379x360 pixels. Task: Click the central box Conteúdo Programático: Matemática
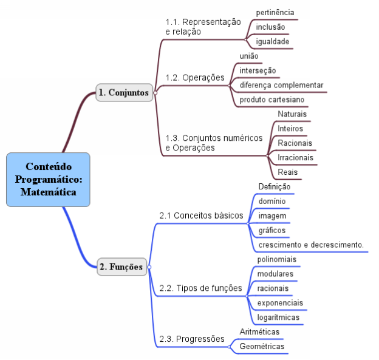[48, 179]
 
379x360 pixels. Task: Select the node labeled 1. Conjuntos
[124, 92]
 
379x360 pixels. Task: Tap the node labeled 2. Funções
[121, 266]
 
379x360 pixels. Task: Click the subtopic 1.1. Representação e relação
[203, 26]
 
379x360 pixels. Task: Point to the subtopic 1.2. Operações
[195, 78]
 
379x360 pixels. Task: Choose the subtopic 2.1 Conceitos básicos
[201, 216]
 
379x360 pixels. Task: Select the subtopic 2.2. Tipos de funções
[200, 288]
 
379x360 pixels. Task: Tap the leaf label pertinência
[275, 12]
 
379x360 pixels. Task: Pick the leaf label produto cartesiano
[272, 99]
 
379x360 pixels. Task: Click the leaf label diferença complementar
[281, 84]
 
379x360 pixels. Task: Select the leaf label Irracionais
[295, 157]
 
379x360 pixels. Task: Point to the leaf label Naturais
[292, 114]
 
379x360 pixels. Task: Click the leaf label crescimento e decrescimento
[311, 245]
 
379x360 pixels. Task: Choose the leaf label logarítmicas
[278, 317]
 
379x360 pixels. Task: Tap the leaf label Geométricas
[262, 346]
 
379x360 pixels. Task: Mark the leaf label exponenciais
[280, 302]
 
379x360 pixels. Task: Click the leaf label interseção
[258, 70]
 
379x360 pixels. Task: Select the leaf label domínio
[268, 201]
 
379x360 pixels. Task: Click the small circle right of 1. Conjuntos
[155, 92]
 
